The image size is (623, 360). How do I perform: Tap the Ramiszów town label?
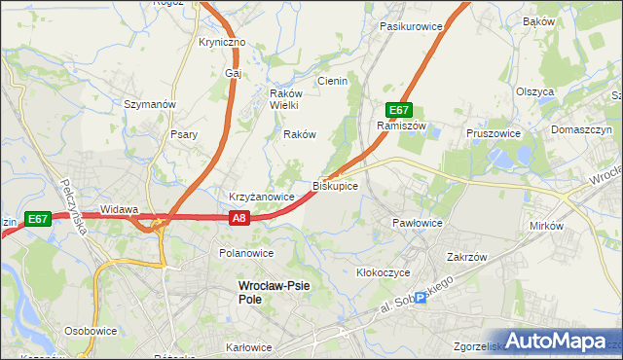[402, 126]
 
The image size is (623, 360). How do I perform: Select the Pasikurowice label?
[412, 26]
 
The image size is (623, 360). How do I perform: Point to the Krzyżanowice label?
[262, 197]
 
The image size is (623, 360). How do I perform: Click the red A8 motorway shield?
[240, 220]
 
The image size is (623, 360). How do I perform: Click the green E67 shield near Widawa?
[38, 220]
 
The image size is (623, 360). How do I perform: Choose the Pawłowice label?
[418, 223]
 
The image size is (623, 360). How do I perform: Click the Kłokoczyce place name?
[384, 272]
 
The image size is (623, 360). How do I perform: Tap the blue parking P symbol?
[421, 299]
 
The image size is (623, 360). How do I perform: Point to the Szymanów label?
[149, 103]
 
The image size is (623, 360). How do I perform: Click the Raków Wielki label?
[288, 99]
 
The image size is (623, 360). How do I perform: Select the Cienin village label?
[332, 81]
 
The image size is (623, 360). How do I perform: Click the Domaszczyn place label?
[581, 128]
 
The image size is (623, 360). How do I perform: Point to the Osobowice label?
[92, 331]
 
